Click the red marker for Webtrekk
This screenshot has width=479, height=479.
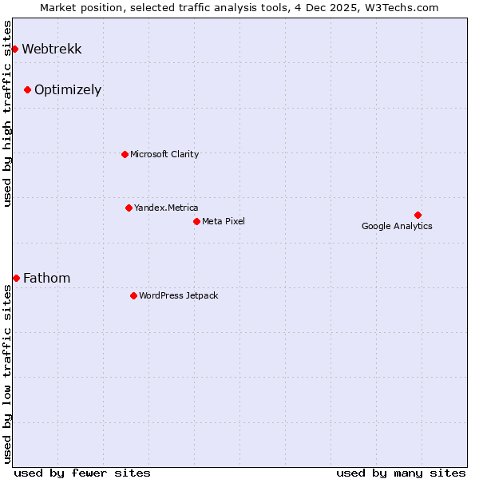click(x=14, y=49)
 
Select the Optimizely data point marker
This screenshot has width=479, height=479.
click(x=27, y=89)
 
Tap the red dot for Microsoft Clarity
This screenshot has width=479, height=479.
click(x=125, y=154)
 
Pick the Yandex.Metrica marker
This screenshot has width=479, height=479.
click(x=129, y=208)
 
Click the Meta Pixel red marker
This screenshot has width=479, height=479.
click(x=196, y=221)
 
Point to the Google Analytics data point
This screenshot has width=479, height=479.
click(x=418, y=215)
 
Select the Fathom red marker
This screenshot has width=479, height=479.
click(x=16, y=278)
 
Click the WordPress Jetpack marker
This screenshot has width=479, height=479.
click(x=133, y=295)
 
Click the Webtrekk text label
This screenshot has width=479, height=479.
click(x=51, y=49)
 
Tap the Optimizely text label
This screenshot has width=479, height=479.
click(x=68, y=90)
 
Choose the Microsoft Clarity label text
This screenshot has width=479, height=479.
click(x=164, y=155)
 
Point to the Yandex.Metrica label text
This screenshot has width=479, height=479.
click(x=166, y=208)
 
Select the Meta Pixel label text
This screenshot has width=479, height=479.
click(x=224, y=222)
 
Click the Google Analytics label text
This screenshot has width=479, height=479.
click(x=397, y=227)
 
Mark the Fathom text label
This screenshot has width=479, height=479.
click(x=46, y=279)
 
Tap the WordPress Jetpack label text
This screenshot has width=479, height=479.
click(x=178, y=296)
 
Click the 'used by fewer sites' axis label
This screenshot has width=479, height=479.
click(x=82, y=473)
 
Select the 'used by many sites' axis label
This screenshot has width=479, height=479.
click(x=401, y=473)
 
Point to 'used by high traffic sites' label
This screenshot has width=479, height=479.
click(x=8, y=113)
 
